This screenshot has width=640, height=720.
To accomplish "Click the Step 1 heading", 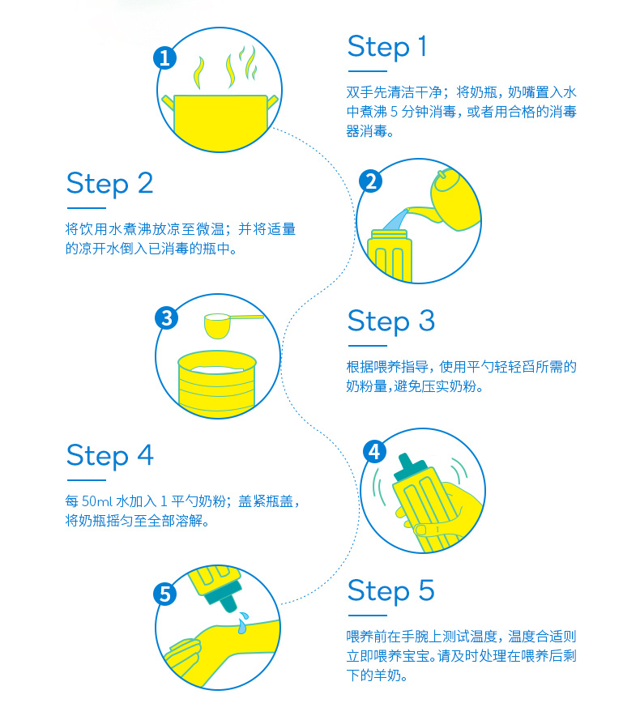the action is click(387, 47).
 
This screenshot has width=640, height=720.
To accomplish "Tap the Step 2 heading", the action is click(109, 184).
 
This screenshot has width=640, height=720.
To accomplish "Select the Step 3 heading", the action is click(391, 321).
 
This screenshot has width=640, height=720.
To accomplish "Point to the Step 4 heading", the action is click(110, 455).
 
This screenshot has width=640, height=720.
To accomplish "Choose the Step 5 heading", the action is click(391, 590).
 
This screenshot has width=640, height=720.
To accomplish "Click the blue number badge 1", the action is click(165, 58).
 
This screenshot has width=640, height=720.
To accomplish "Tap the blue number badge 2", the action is click(371, 181).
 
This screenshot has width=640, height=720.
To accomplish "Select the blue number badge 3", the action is click(166, 318).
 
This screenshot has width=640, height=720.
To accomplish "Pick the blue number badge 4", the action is click(375, 452).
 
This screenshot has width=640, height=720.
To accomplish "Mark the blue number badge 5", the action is click(165, 594).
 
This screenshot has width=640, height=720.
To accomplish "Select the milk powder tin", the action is click(217, 385).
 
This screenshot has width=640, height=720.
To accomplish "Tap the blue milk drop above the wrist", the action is click(242, 622).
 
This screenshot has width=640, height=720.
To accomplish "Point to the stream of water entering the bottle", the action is click(395, 219).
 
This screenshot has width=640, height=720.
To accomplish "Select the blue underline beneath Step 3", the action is click(368, 346).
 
